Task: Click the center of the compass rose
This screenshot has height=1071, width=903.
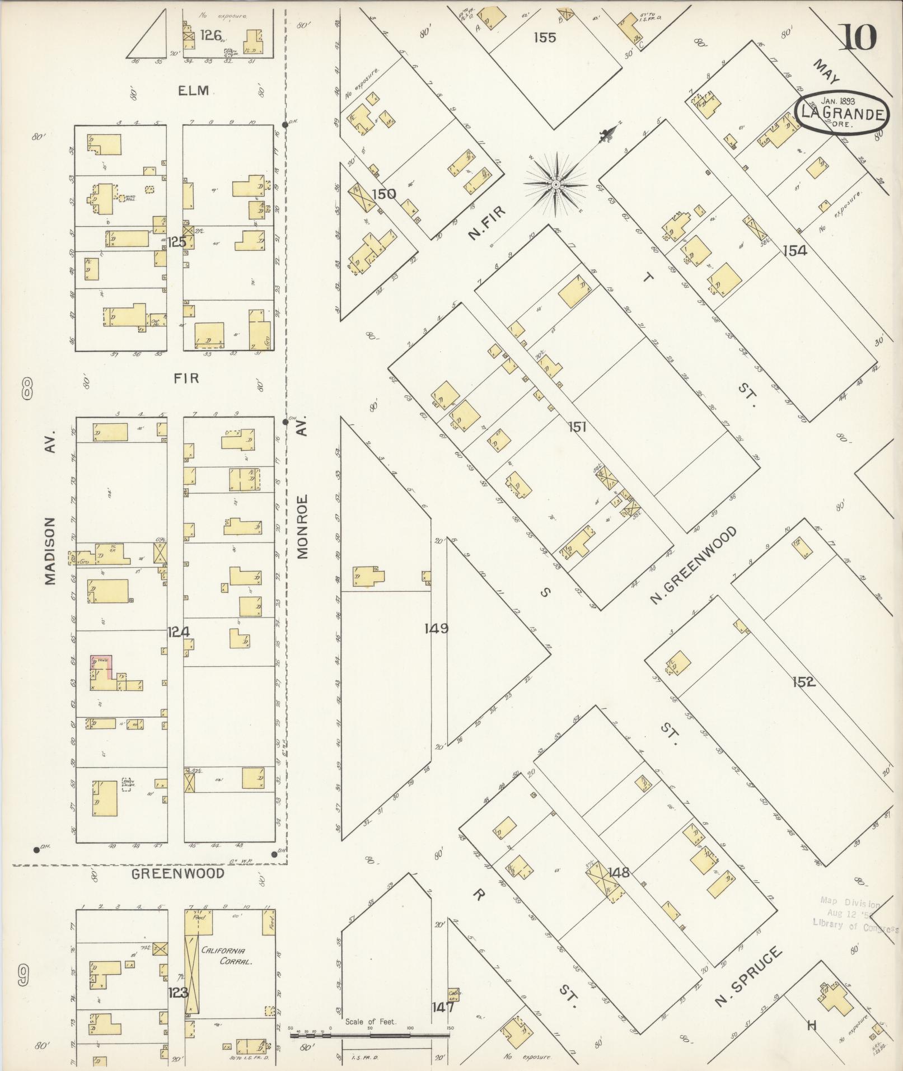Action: [x=556, y=184]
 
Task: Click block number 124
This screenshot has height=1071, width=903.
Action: [x=179, y=632]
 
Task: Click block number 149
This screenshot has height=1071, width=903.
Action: [x=436, y=628]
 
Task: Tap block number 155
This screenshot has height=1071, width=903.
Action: [x=544, y=38]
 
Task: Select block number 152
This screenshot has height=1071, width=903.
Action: [x=803, y=682]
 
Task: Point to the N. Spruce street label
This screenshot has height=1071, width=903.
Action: [x=748, y=978]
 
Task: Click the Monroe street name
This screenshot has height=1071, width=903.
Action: [x=303, y=526]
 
